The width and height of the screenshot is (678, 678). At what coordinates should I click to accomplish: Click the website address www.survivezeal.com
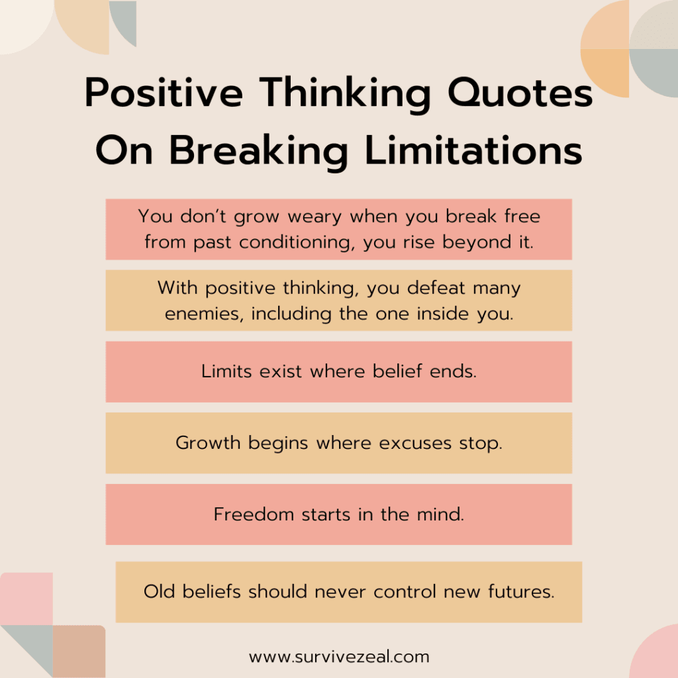pyautogui.click(x=339, y=657)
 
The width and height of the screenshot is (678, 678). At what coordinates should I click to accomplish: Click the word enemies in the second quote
pyautogui.click(x=197, y=314)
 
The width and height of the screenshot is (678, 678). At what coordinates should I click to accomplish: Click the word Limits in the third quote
pyautogui.click(x=226, y=371)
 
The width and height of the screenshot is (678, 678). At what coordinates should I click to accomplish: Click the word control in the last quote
pyautogui.click(x=405, y=591)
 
